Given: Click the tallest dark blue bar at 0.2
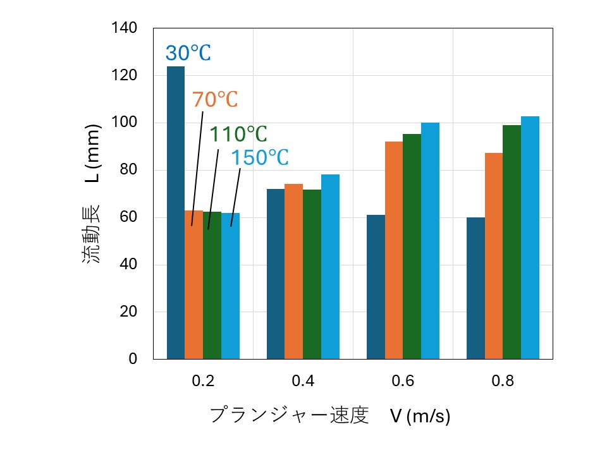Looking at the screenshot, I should pos(176,212).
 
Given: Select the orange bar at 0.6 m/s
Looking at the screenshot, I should pos(394,250).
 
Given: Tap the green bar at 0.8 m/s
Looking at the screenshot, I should pos(512,242).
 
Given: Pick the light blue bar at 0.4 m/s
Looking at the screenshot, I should pos(330,267).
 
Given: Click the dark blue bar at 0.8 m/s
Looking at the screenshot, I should pos(475,288).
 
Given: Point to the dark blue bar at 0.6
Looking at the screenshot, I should pos(376,287).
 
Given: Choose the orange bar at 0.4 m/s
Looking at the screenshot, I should pos(293,272).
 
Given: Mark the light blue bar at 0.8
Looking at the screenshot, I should pos(530,238).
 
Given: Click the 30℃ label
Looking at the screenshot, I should pos(188,54).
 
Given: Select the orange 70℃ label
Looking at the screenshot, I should pos(214,100).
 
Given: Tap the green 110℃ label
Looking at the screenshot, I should pos(238,134).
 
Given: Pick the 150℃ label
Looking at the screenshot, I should pos(259,158).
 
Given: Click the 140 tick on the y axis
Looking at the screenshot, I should pos(125,28).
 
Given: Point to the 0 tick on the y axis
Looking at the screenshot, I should pos(133,359).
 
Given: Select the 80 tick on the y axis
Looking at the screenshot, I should pos(128,171).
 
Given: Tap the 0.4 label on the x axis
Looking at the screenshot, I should pos(303,382).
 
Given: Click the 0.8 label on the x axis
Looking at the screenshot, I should pos(503,382).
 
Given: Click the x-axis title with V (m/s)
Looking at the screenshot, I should pos(329,416).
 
